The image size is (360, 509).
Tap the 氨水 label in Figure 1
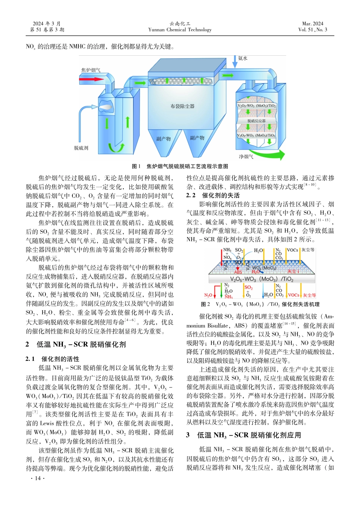(243, 58)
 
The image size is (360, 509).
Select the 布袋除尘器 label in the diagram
(182, 106)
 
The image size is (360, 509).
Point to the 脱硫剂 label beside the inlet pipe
(81, 148)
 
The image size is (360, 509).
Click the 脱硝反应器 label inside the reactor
(257, 121)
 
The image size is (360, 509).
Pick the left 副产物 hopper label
(164, 139)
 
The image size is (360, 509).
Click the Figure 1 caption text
(180, 166)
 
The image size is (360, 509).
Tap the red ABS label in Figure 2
(238, 272)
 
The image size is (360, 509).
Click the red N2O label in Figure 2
(208, 295)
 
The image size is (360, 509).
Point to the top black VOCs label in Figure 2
(292, 250)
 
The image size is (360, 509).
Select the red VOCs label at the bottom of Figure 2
(293, 295)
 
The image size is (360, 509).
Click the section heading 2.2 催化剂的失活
(213, 195)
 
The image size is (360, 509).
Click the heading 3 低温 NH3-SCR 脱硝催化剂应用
(243, 435)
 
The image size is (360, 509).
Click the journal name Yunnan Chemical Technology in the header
(180, 30)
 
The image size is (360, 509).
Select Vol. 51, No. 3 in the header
(313, 30)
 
